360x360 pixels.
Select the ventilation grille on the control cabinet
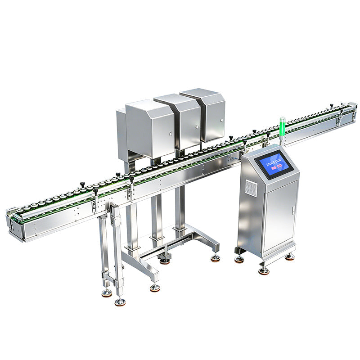251,188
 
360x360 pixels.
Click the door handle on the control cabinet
292,210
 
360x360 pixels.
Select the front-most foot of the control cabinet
264,270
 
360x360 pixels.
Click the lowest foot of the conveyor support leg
120,302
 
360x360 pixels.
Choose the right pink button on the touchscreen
279,165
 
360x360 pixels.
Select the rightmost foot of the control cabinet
290,256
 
